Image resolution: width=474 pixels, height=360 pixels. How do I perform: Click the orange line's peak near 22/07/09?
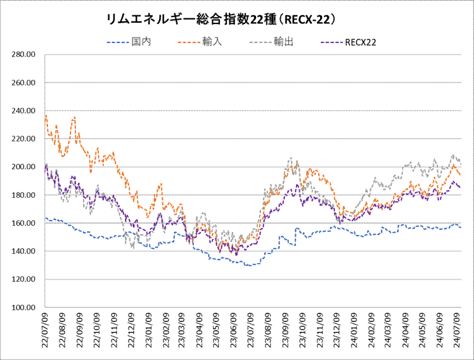click(x=46, y=115)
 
